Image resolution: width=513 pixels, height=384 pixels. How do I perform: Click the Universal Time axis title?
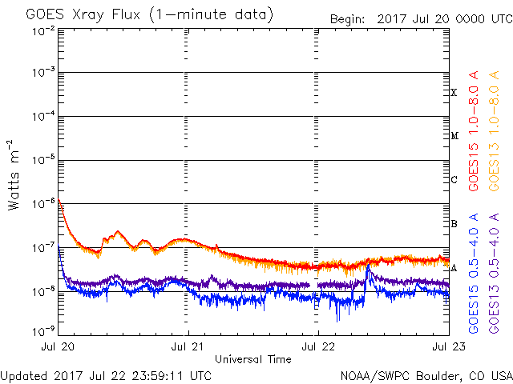click(253, 359)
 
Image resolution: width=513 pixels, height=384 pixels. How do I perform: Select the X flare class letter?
click(454, 92)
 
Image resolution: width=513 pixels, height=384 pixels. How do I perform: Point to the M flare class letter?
click(454, 136)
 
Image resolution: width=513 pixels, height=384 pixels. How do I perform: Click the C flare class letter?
click(454, 180)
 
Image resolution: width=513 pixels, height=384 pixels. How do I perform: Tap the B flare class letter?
click(454, 224)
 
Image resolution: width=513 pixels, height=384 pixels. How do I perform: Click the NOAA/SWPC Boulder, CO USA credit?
click(426, 374)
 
